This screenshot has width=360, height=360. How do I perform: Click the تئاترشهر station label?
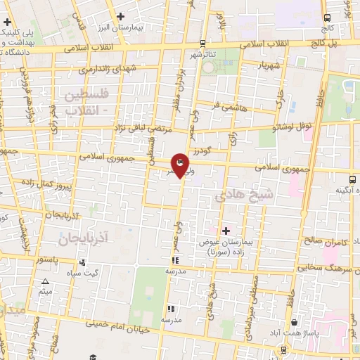(x=205, y=53)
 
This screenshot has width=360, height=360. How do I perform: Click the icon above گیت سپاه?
(x=82, y=262)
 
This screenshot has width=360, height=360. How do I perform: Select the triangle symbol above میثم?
(x=45, y=281)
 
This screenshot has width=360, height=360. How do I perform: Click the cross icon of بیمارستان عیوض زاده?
(x=226, y=231)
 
